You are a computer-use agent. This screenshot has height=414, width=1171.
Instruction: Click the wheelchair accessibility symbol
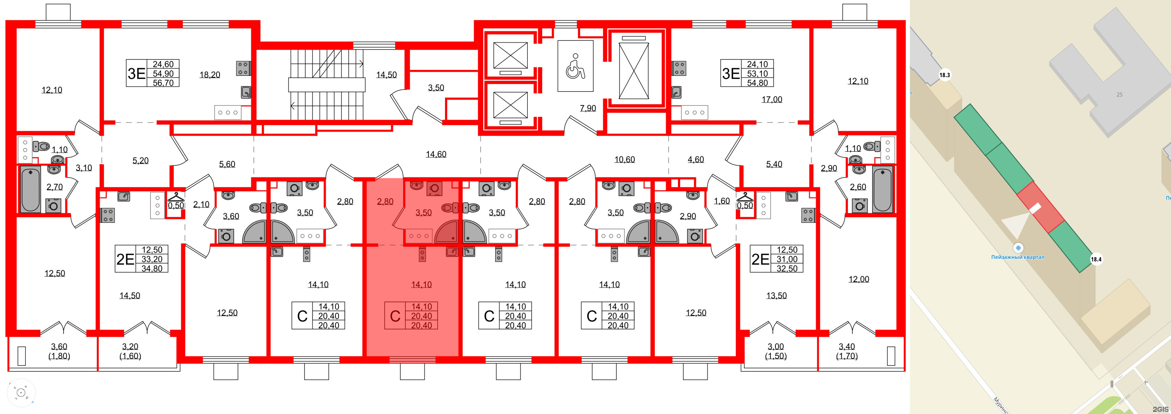(x=575, y=66)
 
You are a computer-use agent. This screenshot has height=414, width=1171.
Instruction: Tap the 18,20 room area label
(x=210, y=75)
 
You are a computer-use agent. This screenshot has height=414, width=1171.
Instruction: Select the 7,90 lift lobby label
(x=588, y=108)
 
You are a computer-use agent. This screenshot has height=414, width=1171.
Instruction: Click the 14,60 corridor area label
(x=436, y=154)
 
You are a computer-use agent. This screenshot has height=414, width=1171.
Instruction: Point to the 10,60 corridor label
(x=624, y=159)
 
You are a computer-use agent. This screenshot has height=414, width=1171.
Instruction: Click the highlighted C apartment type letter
(x=395, y=316)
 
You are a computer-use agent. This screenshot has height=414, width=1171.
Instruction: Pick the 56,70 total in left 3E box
(x=163, y=83)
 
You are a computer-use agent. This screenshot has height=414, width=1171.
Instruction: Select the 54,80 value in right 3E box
(x=757, y=83)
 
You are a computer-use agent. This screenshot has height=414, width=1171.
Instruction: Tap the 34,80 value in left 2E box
(x=152, y=268)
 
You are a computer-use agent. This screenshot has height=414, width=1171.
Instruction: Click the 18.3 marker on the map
(x=945, y=75)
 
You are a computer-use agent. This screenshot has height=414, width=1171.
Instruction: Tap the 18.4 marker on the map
(x=1096, y=259)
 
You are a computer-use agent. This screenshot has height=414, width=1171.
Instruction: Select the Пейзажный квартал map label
(x=1017, y=257)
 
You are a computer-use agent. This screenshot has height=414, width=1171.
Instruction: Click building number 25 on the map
(x=1119, y=95)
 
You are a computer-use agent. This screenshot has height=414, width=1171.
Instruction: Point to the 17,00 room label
(x=771, y=99)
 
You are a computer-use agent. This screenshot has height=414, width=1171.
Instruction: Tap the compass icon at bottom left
(x=21, y=392)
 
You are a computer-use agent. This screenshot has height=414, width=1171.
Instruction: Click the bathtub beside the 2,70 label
(x=30, y=189)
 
